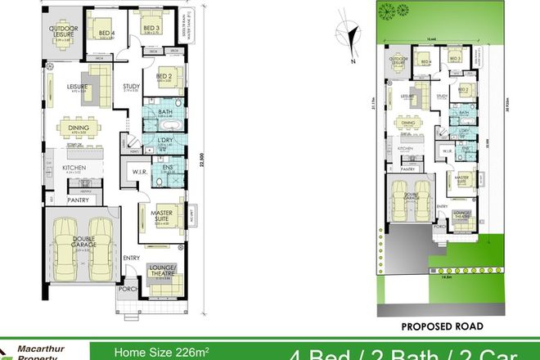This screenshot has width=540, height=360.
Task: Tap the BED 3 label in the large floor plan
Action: (151, 28)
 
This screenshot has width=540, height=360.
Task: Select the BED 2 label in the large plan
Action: (163, 74)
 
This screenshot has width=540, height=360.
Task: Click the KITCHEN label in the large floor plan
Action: (74, 169)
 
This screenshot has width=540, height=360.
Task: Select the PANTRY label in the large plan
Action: (78, 199)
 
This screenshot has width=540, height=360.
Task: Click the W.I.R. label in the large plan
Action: (132, 171)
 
